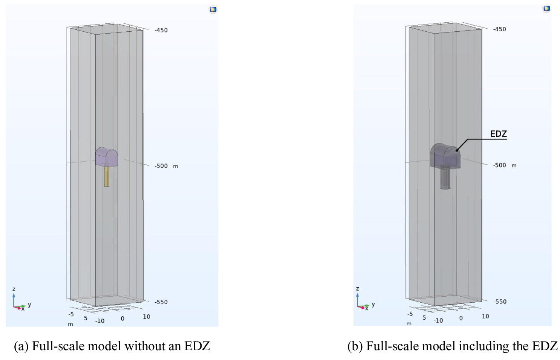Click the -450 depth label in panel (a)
click(x=161, y=30)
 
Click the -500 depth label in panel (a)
click(x=161, y=166)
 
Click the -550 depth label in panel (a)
click(x=161, y=302)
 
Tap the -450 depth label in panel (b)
click(x=499, y=29)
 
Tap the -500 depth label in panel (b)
click(x=499, y=165)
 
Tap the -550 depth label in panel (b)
click(x=500, y=302)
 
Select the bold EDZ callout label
click(x=498, y=134)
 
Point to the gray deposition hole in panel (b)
click(x=445, y=179)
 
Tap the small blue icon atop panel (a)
click(x=213, y=9)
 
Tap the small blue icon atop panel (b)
click(x=547, y=8)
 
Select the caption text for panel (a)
click(x=112, y=346)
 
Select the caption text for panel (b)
click(x=452, y=346)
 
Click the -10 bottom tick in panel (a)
click(x=100, y=321)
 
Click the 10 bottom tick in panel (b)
click(x=485, y=316)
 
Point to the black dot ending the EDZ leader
click(x=457, y=150)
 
